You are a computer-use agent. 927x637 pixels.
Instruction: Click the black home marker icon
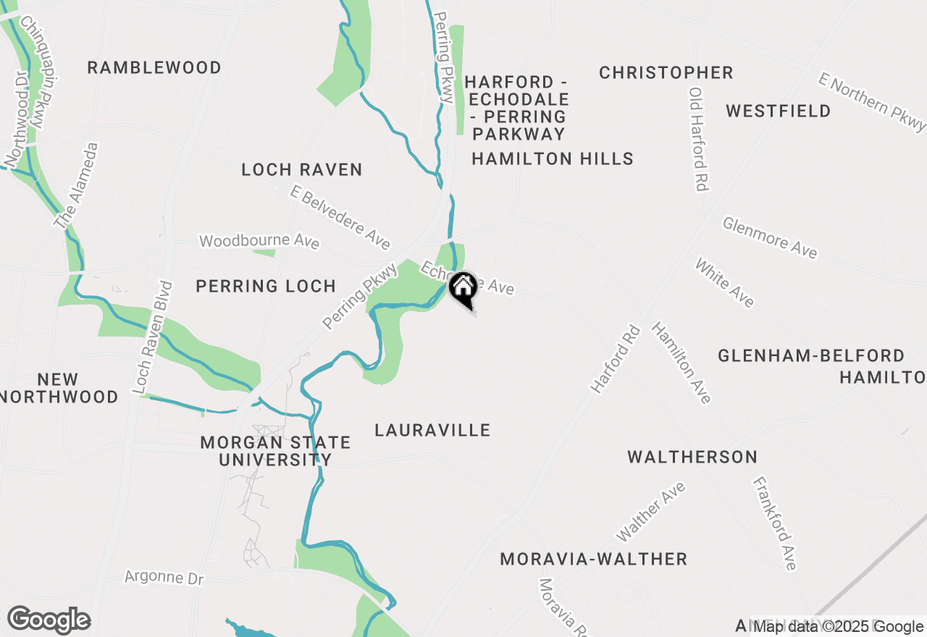tap(462, 289)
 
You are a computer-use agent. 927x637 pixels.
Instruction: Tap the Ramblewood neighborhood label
tap(154, 68)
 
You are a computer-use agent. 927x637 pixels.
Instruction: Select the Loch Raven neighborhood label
tap(301, 170)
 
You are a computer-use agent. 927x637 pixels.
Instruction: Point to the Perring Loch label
tap(266, 286)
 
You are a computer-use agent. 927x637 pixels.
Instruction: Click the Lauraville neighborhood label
tap(432, 431)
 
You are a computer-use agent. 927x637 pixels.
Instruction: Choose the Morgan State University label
tap(275, 451)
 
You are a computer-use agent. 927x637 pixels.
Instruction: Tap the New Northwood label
tap(59, 388)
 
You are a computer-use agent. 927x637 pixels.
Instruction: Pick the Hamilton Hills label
tap(553, 159)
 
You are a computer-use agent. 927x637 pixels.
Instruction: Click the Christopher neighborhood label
tap(666, 73)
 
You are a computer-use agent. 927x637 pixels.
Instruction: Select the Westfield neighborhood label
tap(779, 111)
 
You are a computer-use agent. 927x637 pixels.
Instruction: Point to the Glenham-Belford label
tap(811, 356)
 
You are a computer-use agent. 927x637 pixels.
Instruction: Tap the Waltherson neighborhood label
tap(692, 457)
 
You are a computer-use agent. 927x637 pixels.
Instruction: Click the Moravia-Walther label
tap(594, 560)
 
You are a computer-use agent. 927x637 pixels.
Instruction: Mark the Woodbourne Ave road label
tap(259, 240)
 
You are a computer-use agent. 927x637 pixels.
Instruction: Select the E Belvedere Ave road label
tap(340, 216)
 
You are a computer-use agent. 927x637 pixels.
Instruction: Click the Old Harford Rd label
tap(698, 139)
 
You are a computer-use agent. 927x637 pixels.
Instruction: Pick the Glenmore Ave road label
tap(770, 237)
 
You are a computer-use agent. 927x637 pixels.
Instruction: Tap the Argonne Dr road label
tap(164, 578)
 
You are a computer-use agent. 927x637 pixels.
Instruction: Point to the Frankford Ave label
tap(774, 523)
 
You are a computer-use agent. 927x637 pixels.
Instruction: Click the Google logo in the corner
tap(49, 620)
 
